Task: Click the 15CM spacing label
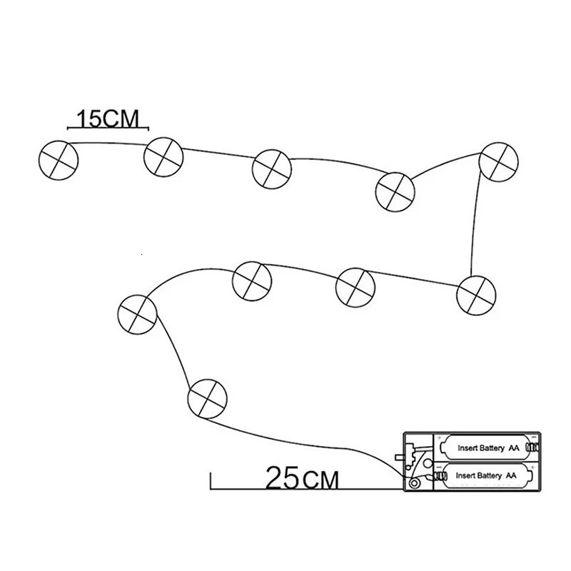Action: click(107, 117)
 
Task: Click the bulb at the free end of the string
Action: click(57, 158)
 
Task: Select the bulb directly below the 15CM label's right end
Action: click(163, 157)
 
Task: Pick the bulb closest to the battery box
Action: click(207, 398)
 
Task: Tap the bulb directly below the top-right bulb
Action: click(476, 293)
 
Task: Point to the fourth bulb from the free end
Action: click(395, 191)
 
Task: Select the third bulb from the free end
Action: click(272, 168)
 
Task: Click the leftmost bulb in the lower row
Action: click(137, 313)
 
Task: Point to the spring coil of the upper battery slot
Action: click(531, 448)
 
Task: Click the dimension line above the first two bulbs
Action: click(107, 128)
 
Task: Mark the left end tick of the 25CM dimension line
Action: click(211, 480)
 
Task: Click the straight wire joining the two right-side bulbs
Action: click(474, 221)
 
